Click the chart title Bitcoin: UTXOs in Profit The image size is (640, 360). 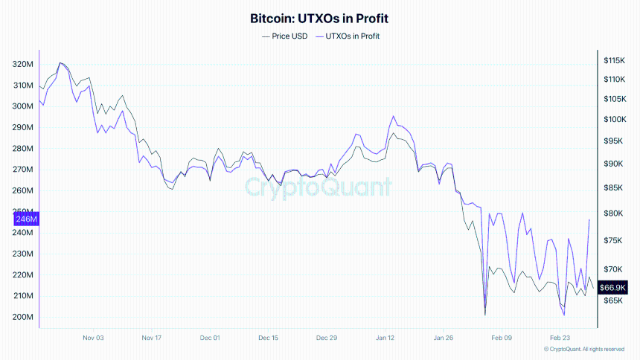tap(320, 18)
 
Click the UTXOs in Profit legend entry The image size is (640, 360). tap(349, 36)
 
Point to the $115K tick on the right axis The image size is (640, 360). tap(615, 60)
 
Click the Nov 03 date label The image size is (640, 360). tap(93, 338)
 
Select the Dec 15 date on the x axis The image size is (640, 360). tap(268, 338)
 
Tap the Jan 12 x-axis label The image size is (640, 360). tap(385, 338)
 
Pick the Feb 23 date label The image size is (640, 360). tap(560, 338)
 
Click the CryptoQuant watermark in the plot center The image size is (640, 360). tap(319, 187)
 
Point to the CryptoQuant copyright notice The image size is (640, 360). tap(583, 349)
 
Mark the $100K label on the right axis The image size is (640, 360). tap(615, 119)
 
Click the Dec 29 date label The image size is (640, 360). tap(327, 338)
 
